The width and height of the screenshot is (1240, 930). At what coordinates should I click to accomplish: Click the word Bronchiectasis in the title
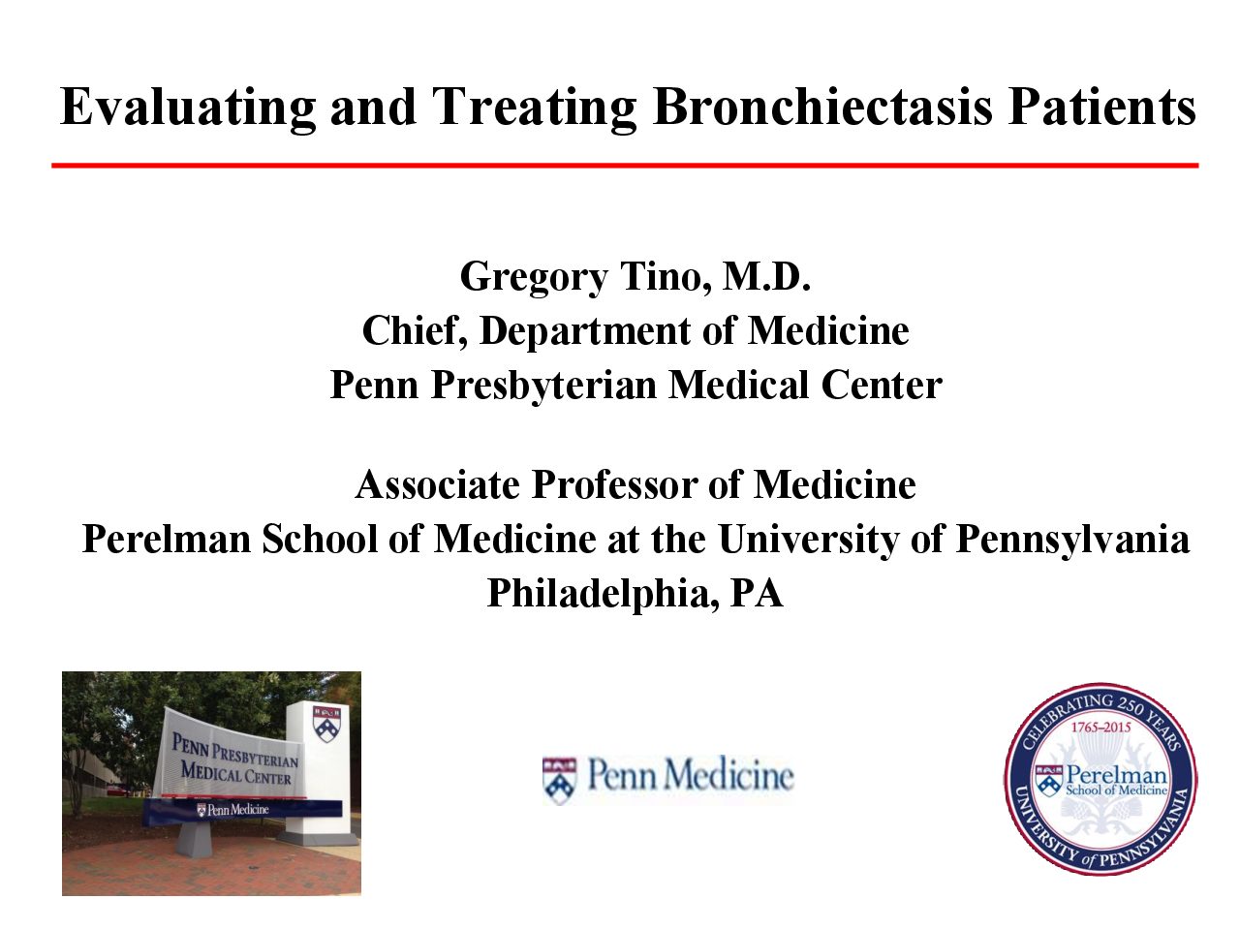(821, 107)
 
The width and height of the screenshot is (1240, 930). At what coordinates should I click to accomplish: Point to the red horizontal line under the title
(624, 166)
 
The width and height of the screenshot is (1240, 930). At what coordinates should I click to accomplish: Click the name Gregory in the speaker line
(533, 278)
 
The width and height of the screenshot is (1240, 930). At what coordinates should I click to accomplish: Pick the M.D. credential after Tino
(766, 276)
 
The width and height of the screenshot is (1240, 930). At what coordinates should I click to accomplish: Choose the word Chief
(414, 331)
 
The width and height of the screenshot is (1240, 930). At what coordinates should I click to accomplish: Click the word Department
(585, 332)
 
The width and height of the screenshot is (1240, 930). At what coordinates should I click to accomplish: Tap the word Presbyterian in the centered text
(543, 387)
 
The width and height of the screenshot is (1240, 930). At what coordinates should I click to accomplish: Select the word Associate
(437, 484)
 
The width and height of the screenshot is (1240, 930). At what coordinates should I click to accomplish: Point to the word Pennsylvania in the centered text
(1071, 541)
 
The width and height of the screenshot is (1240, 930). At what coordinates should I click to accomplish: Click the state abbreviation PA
(757, 593)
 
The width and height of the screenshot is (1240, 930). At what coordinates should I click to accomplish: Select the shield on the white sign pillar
(326, 724)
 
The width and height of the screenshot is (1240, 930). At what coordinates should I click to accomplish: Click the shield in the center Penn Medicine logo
(559, 781)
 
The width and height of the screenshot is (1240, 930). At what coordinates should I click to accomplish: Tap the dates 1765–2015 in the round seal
(1101, 728)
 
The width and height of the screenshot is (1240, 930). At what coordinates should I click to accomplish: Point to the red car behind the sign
(115, 790)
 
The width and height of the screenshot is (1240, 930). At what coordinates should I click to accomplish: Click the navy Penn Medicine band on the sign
(242, 811)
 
